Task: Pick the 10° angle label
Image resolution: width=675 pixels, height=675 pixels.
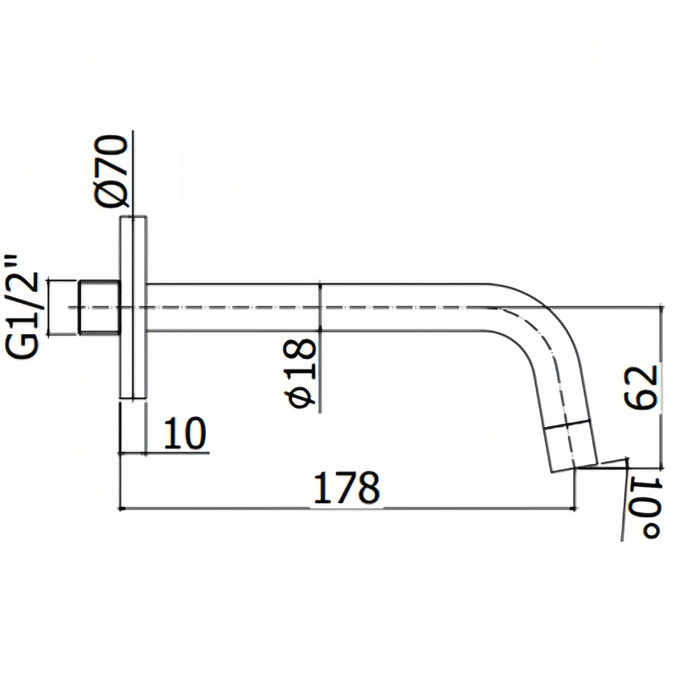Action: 643,510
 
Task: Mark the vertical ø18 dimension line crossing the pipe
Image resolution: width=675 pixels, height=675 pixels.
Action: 321,346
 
